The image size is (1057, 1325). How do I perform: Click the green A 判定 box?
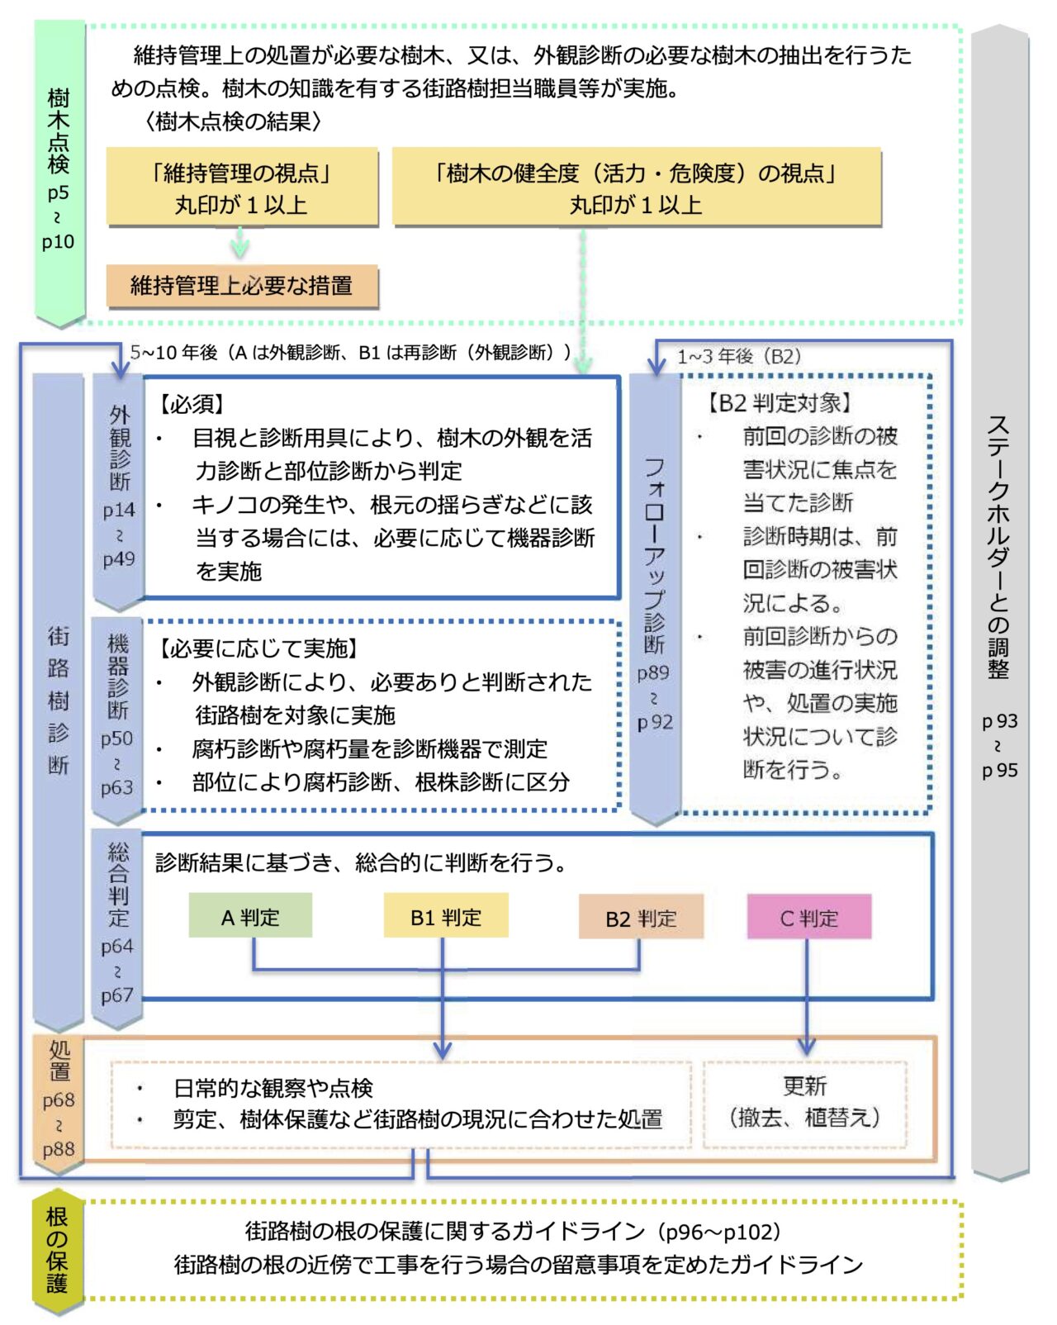coord(250,916)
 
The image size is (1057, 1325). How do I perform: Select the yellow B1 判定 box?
coord(446,916)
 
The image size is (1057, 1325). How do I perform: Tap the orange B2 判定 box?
coord(641,918)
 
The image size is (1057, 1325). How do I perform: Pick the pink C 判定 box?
coord(809,918)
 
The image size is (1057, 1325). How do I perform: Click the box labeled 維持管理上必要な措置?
coord(242,286)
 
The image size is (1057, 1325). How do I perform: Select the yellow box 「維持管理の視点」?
coord(242,188)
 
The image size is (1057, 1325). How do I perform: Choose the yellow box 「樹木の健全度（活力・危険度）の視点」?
coord(636,188)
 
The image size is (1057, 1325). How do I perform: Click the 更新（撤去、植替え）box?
coord(805,1103)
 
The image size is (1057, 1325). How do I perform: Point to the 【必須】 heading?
coord(192,404)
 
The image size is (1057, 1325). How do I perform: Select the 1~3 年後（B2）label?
coord(739,356)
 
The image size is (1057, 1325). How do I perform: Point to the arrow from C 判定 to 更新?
coord(807,1000)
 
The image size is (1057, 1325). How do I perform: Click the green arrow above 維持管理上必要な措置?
coord(239,244)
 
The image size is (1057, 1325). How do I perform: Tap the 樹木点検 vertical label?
coord(58,132)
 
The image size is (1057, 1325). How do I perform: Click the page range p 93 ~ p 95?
coord(999,745)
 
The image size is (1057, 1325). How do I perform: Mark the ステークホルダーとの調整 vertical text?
coord(999,545)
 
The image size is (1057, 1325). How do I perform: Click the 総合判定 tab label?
coord(118,884)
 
